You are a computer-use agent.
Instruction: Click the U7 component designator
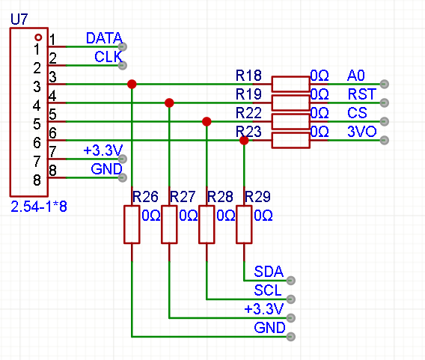[19, 19]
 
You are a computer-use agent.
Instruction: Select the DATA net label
[104, 38]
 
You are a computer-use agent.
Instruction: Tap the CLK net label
[108, 57]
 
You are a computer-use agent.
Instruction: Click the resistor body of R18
[291, 84]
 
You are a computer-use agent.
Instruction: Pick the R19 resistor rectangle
[291, 103]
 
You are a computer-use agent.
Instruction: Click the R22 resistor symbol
[291, 121]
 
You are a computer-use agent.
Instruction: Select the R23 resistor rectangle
[291, 140]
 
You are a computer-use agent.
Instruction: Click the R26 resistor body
[132, 225]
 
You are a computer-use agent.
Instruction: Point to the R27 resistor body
[169, 225]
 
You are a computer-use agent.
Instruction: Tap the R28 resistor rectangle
[207, 225]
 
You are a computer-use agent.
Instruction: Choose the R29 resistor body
[244, 225]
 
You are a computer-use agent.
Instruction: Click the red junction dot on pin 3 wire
[132, 84]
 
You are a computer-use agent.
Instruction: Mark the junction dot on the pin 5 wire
[207, 121]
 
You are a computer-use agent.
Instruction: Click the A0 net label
[356, 76]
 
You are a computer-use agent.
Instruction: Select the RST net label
[362, 94]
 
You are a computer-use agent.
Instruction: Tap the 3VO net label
[362, 132]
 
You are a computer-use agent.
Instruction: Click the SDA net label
[269, 272]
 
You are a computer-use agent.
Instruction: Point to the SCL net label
[268, 290]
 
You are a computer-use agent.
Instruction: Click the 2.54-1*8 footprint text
[39, 207]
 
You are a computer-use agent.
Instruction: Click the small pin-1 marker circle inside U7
[38, 37]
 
